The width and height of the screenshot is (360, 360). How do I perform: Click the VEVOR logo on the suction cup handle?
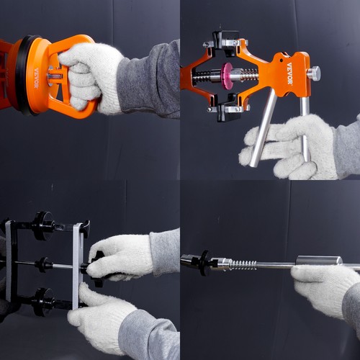point(37,78)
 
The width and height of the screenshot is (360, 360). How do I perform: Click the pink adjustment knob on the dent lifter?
point(228,75)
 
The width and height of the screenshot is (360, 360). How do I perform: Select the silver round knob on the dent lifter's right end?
point(313,73)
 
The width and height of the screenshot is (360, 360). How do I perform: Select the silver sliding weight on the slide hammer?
point(318,261)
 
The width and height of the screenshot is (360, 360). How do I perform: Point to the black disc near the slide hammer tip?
point(204,262)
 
